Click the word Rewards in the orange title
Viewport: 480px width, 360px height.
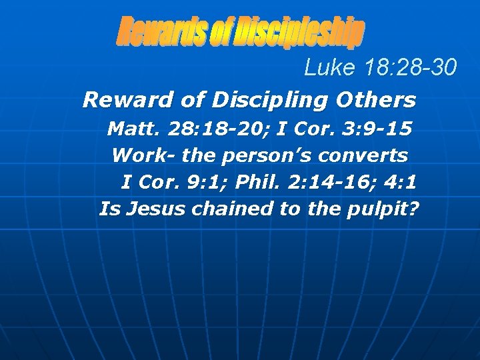click(x=162, y=32)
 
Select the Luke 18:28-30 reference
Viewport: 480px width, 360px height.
click(x=381, y=67)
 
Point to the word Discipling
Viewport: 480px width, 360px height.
click(x=259, y=100)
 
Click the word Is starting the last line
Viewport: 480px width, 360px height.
click(x=107, y=209)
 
